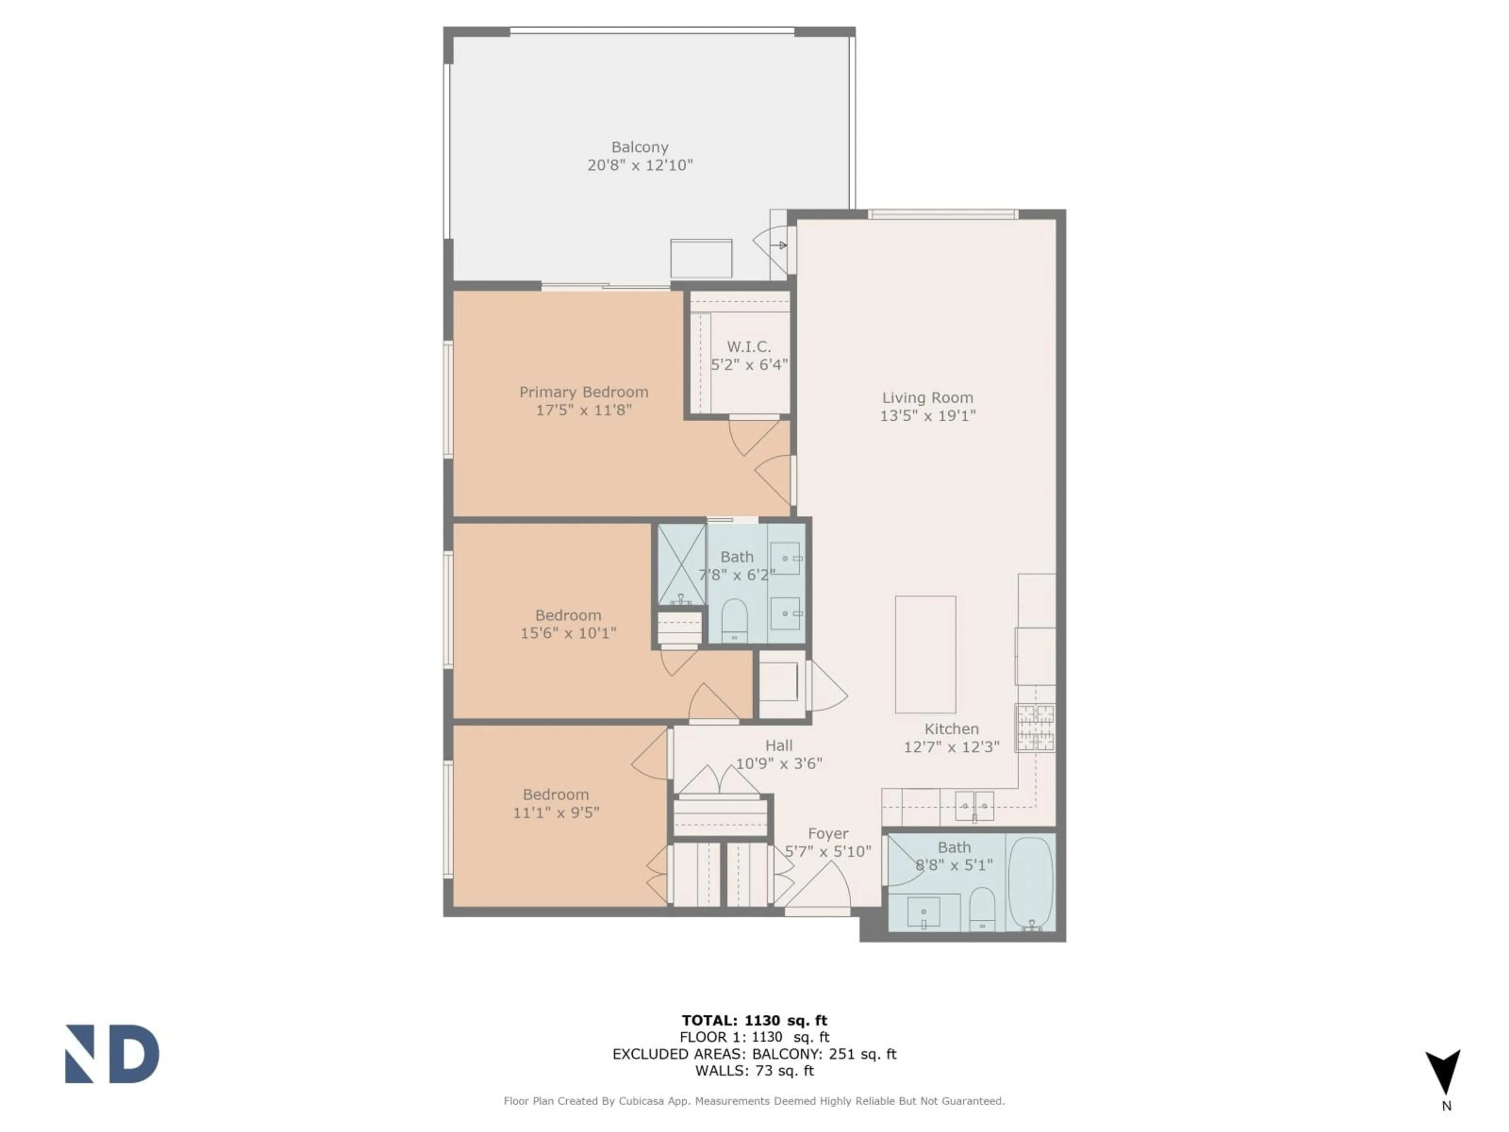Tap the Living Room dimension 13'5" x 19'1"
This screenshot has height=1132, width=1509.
point(927,415)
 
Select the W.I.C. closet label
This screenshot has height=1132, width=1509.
point(748,347)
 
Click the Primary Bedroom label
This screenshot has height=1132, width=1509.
point(583,391)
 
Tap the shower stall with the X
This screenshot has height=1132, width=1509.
point(681,564)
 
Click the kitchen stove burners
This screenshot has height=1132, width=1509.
point(1034,728)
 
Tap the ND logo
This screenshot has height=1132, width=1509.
point(112,1054)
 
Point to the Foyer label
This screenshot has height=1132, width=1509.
point(828,834)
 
